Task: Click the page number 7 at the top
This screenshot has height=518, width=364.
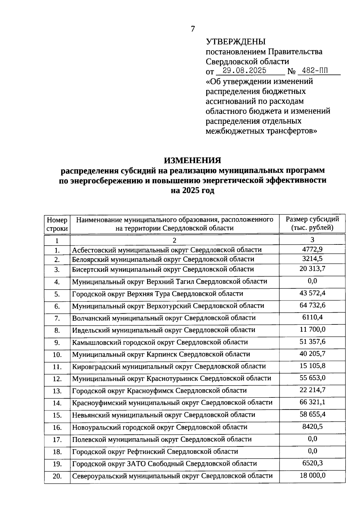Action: pyautogui.click(x=193, y=29)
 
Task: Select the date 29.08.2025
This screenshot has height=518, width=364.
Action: pyautogui.click(x=244, y=71)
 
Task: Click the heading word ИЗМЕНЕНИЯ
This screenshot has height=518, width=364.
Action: pyautogui.click(x=193, y=160)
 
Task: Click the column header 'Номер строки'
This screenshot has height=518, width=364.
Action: pyautogui.click(x=57, y=224)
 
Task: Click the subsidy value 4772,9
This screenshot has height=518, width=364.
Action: pyautogui.click(x=312, y=249)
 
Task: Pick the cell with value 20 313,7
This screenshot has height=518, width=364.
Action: pyautogui.click(x=312, y=269)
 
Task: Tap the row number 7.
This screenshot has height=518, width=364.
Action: pyautogui.click(x=57, y=318)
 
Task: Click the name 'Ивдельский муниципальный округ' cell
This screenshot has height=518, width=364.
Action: pyautogui.click(x=163, y=330)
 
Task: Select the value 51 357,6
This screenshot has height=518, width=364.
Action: pyautogui.click(x=312, y=342)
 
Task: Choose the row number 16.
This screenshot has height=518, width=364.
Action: pyautogui.click(x=57, y=427)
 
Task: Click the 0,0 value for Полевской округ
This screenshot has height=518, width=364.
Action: pyautogui.click(x=312, y=439)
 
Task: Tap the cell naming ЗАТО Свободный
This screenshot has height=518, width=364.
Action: pyautogui.click(x=164, y=463)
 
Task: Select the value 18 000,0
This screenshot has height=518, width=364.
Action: pyautogui.click(x=312, y=475)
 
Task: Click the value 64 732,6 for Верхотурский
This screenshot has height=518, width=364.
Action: pyautogui.click(x=312, y=305)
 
